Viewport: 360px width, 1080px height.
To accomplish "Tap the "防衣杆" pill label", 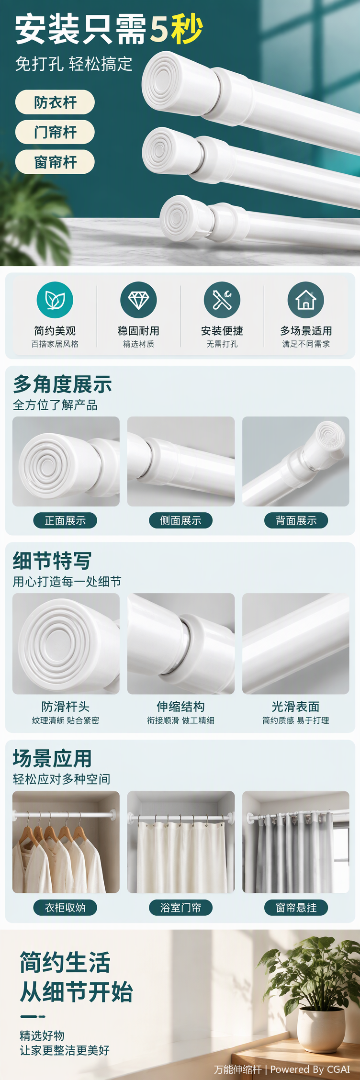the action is pos(55,102).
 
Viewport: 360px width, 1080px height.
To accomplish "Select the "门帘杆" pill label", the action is pos(55,132).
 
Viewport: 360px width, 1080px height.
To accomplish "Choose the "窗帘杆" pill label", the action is pos(55,162).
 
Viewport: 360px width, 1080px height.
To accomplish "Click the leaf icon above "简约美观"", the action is pos(55,300).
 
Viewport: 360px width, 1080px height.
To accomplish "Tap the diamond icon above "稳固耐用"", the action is pos(138,300).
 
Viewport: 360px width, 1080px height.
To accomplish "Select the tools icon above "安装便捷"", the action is pos(222,300).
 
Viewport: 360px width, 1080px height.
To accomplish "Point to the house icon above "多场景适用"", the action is pos(306,300).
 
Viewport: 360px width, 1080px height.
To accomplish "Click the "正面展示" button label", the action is pos(65,520).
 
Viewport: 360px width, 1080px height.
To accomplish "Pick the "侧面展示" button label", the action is pos(180,520).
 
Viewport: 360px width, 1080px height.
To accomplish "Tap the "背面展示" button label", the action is pos(296,520).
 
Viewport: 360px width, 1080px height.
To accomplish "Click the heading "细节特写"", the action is pos(52,561).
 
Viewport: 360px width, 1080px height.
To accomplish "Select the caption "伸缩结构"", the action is pos(180,707).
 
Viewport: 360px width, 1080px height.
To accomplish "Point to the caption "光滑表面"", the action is pos(296,707).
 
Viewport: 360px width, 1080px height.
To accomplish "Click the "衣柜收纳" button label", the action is pos(65,907).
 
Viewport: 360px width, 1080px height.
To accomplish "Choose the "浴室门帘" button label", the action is pos(180,907).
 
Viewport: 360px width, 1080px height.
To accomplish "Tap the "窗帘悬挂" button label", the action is pos(296,907).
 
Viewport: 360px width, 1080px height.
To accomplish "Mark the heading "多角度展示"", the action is pos(63,384).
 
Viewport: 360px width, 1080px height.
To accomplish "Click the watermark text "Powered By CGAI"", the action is pos(310,1069).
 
